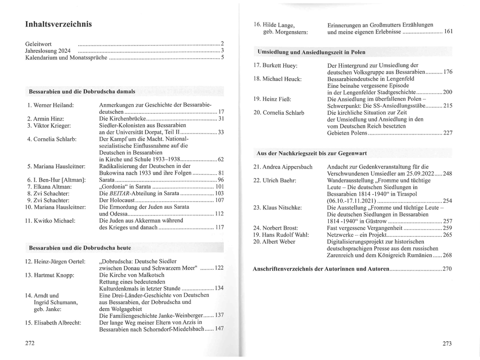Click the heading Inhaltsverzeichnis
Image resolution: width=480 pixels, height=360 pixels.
(59, 24)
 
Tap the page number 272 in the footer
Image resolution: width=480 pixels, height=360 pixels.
(30, 344)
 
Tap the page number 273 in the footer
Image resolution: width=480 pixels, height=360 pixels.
(448, 344)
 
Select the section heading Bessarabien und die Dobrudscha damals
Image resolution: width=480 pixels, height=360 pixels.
(82, 91)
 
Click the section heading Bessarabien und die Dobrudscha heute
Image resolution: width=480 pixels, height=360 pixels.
(80, 248)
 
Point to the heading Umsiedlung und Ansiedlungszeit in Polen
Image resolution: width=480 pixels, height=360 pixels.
(311, 52)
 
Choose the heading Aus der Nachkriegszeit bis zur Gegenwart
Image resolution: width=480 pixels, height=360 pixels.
(312, 153)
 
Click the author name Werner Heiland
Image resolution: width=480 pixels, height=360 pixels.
(54, 105)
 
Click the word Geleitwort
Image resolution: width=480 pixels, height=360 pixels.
(38, 44)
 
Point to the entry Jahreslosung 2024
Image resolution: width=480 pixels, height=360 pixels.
(48, 51)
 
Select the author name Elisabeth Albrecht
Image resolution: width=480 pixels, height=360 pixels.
(59, 323)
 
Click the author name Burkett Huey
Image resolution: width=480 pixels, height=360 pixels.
(279, 65)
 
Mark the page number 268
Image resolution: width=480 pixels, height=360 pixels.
(447, 255)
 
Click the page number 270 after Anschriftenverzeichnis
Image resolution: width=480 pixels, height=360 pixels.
(447, 269)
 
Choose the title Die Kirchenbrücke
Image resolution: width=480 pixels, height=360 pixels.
(121, 119)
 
